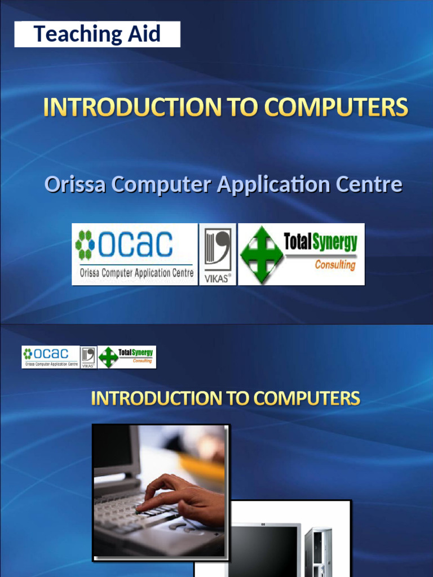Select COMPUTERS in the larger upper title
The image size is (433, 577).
click(336, 108)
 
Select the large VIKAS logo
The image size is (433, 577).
click(217, 254)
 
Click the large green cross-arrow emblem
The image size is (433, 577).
click(262, 254)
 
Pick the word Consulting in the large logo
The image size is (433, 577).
click(335, 265)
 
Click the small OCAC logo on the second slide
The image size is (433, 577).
click(50, 357)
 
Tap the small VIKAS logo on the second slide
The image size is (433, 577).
click(89, 357)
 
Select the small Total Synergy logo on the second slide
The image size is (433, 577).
click(127, 357)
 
